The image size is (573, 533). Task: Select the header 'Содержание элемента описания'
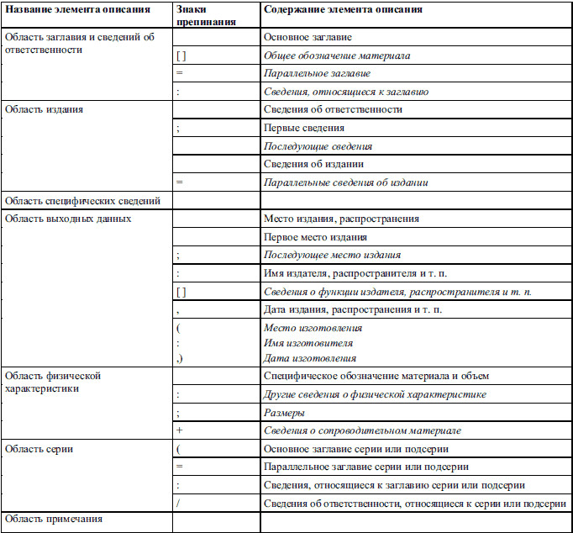[x=342, y=9]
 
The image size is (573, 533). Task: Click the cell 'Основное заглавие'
[x=308, y=38]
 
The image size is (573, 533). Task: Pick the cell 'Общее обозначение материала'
[x=336, y=55]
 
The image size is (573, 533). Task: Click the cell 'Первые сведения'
[x=304, y=128]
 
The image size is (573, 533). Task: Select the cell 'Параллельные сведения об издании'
[x=345, y=182]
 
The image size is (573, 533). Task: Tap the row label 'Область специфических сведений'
[x=82, y=201]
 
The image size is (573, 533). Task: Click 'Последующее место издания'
[x=332, y=255]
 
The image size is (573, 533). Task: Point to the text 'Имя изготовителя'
[x=308, y=343]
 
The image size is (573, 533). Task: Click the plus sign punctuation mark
[x=180, y=430]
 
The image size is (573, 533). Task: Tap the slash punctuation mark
[x=179, y=503]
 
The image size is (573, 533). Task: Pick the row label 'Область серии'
[x=39, y=449]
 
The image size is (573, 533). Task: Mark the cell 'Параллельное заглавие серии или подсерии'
[x=365, y=467]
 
